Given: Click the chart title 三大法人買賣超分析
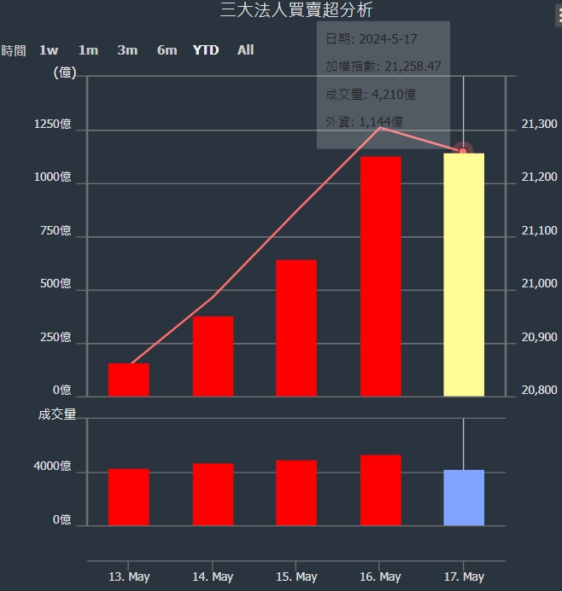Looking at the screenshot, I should coord(296,10).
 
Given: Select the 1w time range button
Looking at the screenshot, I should coord(49,50).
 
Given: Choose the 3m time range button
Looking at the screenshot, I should coord(127,50).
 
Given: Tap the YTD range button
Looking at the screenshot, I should coord(206,50).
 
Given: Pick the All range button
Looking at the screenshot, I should coord(245,50).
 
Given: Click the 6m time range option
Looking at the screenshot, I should coord(167,50).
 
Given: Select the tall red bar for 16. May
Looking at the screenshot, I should coord(380,276).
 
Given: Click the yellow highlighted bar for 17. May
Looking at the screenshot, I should coord(464,275).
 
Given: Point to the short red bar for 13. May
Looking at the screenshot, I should coord(129,380).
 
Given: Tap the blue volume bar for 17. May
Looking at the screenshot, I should coord(464,497).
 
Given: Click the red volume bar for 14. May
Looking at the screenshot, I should coord(213,494).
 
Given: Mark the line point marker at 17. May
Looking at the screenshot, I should coord(463,151).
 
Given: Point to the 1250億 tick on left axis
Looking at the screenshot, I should coord(53,125).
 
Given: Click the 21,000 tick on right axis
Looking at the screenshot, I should coord(539,284).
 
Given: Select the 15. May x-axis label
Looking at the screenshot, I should coord(296,577).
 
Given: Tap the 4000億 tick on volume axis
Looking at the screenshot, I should coord(53,466).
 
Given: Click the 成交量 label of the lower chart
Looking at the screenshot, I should coord(57,414).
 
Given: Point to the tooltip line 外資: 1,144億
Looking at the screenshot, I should coord(365,122).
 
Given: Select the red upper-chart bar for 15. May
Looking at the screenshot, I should coord(296,327).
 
